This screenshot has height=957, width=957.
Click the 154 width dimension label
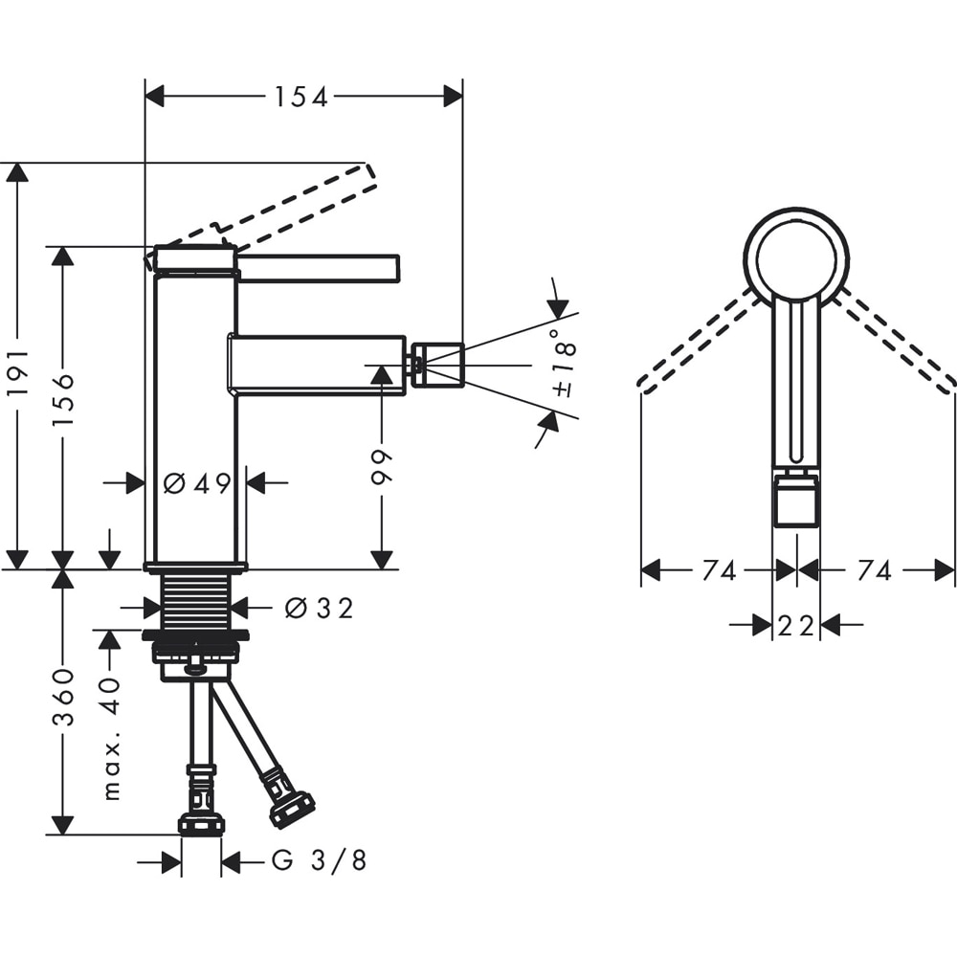[300, 97]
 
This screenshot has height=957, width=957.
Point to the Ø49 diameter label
[196, 483]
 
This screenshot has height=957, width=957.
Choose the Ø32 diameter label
[319, 608]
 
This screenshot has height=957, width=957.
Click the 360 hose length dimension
[63, 697]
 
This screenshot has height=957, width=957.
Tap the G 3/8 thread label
[319, 861]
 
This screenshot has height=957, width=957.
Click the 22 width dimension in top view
[796, 626]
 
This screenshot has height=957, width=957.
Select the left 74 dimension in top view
[719, 571]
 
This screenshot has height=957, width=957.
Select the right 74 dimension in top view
[874, 571]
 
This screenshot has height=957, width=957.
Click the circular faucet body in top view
[796, 256]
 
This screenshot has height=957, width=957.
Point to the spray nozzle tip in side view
[438, 365]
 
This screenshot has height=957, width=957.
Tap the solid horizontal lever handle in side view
[318, 268]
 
